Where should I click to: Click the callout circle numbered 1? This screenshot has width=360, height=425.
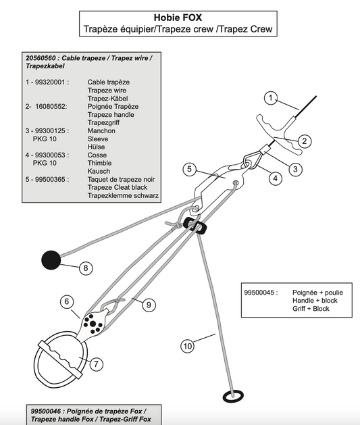271,98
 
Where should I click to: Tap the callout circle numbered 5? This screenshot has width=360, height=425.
189,169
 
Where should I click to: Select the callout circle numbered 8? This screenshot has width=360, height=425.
86,268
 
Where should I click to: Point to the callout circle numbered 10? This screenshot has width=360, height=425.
188,346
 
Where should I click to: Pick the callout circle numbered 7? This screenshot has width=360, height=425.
96,364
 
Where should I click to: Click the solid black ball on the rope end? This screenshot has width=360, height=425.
51,260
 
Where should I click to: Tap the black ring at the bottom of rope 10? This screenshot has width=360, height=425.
233,397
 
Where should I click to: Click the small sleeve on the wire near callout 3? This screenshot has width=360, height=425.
265,149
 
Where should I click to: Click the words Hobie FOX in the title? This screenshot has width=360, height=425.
178,18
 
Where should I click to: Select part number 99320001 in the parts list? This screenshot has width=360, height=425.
51,82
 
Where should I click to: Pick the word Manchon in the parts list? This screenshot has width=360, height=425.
101,130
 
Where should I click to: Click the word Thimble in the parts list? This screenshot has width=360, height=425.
99,163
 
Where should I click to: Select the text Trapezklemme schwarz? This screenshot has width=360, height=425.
123,196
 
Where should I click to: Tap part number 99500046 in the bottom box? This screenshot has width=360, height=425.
47,411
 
